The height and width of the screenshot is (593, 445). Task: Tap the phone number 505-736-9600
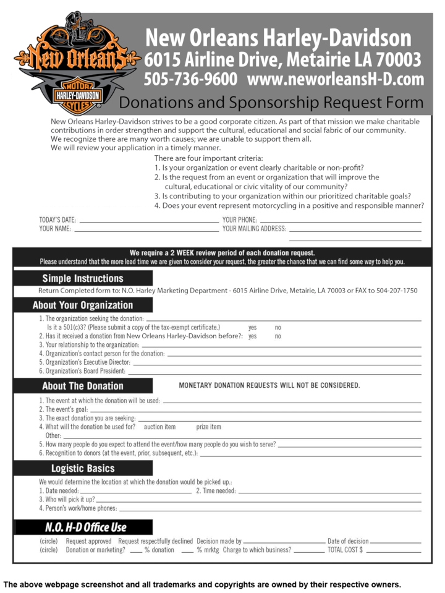pyautogui.click(x=190, y=80)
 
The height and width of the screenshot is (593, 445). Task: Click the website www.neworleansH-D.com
pyautogui.click(x=336, y=80)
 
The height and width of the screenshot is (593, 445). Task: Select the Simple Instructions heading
pyautogui.click(x=83, y=278)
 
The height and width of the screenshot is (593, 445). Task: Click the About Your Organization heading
pyautogui.click(x=83, y=305)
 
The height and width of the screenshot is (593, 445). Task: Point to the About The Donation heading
pyautogui.click(x=83, y=386)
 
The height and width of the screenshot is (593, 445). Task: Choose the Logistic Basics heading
pyautogui.click(x=83, y=468)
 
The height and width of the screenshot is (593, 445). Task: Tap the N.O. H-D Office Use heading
pyautogui.click(x=85, y=527)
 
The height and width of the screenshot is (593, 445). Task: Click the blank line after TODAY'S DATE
pyautogui.click(x=148, y=221)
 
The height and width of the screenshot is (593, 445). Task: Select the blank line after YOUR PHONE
pyautogui.click(x=340, y=221)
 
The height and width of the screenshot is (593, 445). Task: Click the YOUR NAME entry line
pyautogui.click(x=146, y=229)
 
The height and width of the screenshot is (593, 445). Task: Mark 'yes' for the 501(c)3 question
pyautogui.click(x=253, y=327)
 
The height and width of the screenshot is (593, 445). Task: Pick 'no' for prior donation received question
pyautogui.click(x=278, y=336)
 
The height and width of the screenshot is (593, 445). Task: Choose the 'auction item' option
pyautogui.click(x=159, y=427)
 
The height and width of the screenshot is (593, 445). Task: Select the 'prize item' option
pyautogui.click(x=208, y=427)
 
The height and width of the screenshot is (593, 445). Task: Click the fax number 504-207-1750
pyautogui.click(x=396, y=291)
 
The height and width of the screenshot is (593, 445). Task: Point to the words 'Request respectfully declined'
pyautogui.click(x=155, y=541)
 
